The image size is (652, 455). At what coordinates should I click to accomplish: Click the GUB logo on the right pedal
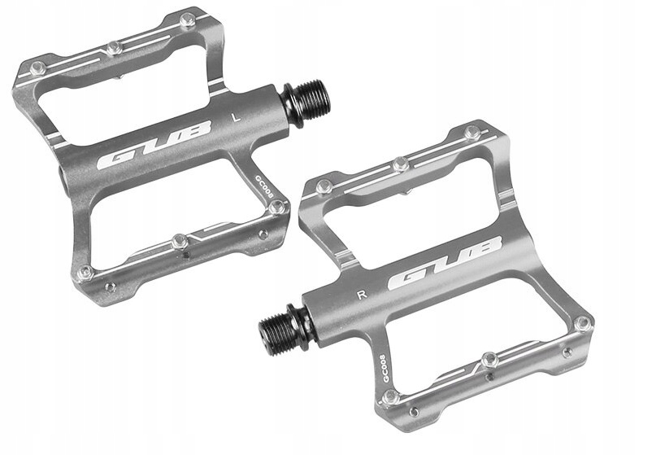[445, 263]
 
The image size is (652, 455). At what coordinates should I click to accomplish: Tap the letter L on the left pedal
[237, 117]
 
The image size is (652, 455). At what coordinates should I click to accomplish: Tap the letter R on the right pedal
[362, 295]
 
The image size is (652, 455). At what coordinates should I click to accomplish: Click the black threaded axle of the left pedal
[306, 99]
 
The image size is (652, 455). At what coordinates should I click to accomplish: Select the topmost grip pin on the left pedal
[188, 20]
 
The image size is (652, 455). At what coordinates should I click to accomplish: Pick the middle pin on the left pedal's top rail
[115, 48]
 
